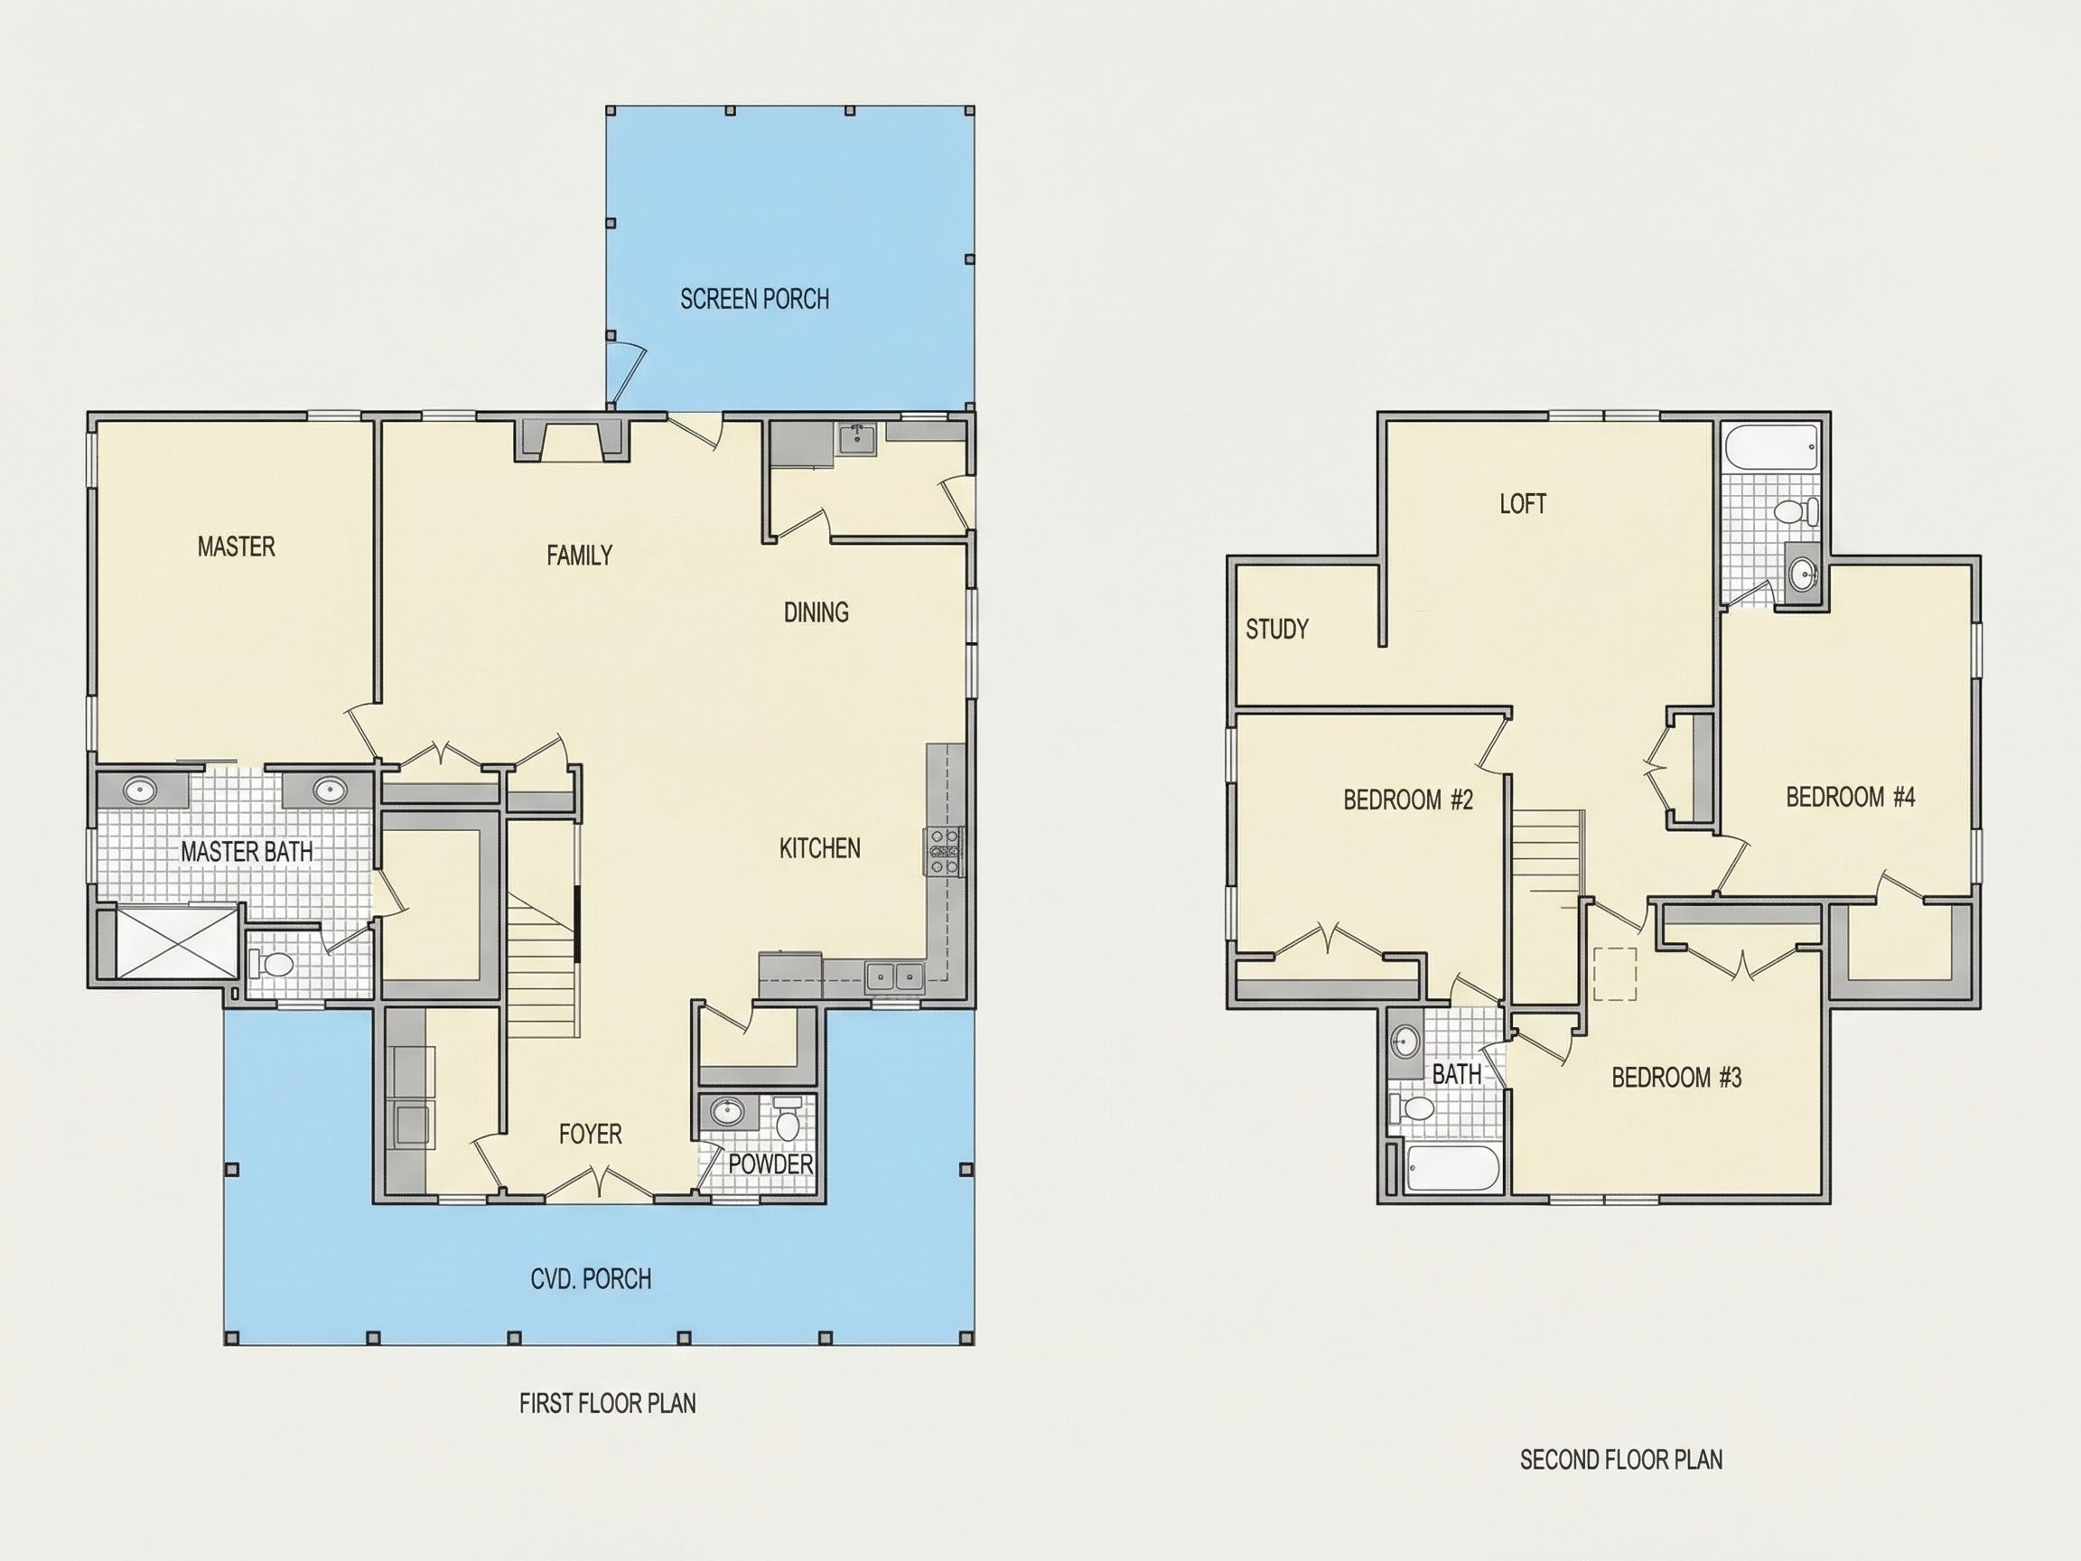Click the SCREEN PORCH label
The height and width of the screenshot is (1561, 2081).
[x=754, y=299]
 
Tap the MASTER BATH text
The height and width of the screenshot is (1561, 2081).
[x=247, y=852]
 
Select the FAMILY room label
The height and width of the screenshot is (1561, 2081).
[x=580, y=556]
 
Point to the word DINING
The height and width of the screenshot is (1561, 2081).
[x=817, y=612]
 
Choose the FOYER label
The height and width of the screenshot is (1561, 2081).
[x=590, y=1134]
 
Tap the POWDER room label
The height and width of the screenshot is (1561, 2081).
[x=770, y=1164]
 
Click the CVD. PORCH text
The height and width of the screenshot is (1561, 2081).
[x=591, y=1279]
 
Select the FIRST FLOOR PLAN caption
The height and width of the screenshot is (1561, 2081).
[x=608, y=1403]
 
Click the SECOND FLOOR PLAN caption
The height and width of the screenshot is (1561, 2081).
[x=1621, y=1460]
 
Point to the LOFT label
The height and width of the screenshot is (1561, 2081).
[x=1523, y=503]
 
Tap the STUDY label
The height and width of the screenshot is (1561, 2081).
[x=1276, y=629]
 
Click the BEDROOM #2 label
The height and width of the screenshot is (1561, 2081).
[x=1407, y=799]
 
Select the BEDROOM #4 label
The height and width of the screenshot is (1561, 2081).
[x=1851, y=797]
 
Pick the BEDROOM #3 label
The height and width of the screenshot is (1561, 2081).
[x=1676, y=1077]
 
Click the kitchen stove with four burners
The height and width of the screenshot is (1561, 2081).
[x=946, y=852]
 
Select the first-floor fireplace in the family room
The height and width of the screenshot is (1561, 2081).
[x=572, y=439]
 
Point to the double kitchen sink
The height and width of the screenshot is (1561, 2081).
[x=894, y=977]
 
